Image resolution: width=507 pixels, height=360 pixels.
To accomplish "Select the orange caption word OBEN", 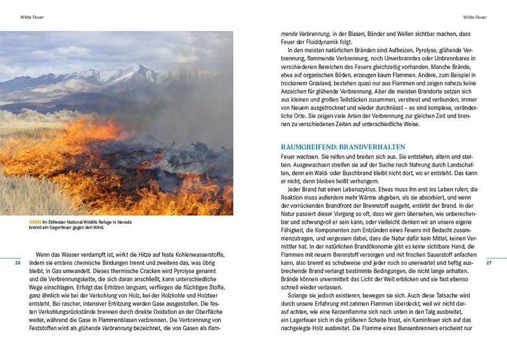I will pyautogui.click(x=35, y=222).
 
